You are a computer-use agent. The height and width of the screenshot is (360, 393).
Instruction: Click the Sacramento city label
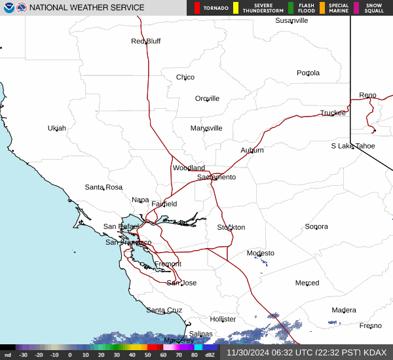[216, 177]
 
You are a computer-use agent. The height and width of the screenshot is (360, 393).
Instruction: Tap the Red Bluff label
[145, 41]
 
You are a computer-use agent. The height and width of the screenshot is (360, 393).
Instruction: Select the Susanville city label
[291, 20]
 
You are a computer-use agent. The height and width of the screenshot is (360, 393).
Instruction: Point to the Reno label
[367, 96]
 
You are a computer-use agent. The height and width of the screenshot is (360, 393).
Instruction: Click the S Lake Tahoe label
[352, 146]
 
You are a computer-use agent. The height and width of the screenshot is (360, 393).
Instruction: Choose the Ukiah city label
[57, 128]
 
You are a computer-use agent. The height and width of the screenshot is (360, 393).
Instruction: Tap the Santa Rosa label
[103, 187]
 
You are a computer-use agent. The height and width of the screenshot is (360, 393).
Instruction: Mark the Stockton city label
[231, 227]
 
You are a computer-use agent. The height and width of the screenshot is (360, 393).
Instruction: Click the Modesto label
[261, 253]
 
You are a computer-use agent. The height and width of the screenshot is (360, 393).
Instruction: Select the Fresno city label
[370, 325]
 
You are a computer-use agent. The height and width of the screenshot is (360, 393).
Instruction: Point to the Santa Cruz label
[164, 310]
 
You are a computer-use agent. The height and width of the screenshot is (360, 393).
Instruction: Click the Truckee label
[333, 113]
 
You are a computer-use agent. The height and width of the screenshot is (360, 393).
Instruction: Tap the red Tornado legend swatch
[196, 8]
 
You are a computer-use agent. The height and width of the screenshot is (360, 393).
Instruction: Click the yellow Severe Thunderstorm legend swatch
[235, 8]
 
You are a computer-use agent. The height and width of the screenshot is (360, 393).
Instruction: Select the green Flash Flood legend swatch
[291, 8]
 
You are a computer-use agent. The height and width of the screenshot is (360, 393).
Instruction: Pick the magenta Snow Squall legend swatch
[356, 8]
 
